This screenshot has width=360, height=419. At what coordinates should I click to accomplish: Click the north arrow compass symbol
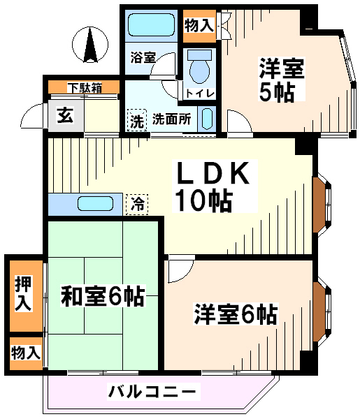tap(90, 45)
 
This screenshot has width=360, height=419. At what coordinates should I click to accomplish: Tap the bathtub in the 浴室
tap(152, 24)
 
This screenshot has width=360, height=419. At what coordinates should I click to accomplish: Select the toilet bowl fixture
tap(199, 67)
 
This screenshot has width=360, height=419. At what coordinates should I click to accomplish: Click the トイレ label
tap(200, 94)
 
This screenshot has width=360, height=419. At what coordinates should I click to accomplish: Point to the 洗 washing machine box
tap(137, 121)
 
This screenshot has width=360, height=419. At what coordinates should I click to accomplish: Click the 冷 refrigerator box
tap(137, 205)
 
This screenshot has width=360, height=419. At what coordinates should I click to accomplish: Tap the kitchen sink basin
tap(95, 204)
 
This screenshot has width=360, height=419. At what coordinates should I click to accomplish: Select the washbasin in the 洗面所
tap(207, 119)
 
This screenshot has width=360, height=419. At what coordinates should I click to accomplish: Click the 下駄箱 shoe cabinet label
tap(84, 87)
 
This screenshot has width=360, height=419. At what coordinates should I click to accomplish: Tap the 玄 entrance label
tap(65, 116)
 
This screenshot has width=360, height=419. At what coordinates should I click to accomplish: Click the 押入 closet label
tap(23, 293)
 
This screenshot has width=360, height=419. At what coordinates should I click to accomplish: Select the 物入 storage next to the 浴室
tap(199, 26)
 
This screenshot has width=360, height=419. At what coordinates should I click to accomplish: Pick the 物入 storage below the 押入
tap(26, 353)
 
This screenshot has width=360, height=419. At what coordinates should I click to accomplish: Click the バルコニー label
tap(153, 391)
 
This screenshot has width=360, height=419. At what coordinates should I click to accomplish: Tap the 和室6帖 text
tap(103, 296)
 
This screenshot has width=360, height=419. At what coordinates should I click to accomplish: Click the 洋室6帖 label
tap(236, 314)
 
